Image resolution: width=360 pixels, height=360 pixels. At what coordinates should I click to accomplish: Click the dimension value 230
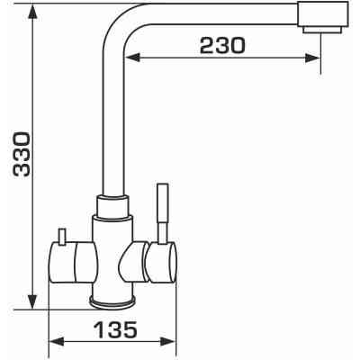(x=222, y=46)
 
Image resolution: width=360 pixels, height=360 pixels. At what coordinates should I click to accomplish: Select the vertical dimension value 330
(x=22, y=154)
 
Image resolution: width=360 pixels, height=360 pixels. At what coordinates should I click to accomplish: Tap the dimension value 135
(x=115, y=329)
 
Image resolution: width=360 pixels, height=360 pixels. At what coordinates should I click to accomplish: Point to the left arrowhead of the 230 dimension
(x=132, y=58)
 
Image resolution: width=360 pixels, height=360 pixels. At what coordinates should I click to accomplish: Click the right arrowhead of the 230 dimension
(x=313, y=58)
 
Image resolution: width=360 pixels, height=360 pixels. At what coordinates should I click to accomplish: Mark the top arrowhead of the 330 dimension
(x=32, y=12)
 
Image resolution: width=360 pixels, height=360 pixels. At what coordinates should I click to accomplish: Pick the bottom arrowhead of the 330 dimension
(x=32, y=301)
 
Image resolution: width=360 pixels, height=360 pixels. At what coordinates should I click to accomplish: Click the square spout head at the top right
(x=323, y=14)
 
